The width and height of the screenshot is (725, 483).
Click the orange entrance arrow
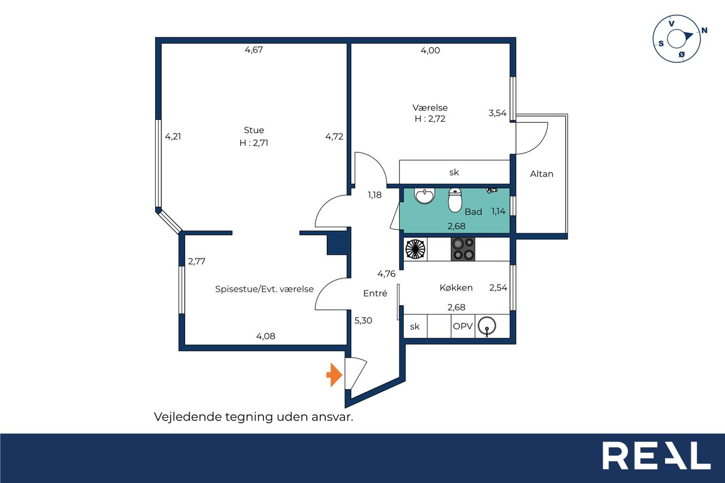[334, 375]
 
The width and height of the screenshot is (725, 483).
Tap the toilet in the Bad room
[455, 200]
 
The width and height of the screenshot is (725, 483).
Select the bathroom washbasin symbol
[424, 196]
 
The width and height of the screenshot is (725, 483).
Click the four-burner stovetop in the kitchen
[463, 249]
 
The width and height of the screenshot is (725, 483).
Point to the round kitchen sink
[487, 326]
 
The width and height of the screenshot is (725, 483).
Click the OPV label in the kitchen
[463, 326]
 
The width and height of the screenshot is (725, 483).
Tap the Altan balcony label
[541, 174]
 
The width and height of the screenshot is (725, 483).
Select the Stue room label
[254, 130]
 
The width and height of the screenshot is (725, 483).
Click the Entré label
[375, 293]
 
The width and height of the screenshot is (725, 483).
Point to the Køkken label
[456, 288]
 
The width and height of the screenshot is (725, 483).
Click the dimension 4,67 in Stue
[254, 50]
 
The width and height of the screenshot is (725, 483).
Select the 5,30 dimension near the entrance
[363, 320]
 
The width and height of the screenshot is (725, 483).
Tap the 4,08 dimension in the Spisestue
[266, 336]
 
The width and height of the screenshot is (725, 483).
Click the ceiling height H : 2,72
[430, 119]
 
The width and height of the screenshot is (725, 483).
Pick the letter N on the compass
[704, 31]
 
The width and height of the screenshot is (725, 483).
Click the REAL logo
[656, 455]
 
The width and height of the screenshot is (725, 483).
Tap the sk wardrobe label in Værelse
[454, 173]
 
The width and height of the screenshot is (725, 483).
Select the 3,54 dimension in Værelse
[497, 113]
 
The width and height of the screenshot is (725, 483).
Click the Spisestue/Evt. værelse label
[265, 289]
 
